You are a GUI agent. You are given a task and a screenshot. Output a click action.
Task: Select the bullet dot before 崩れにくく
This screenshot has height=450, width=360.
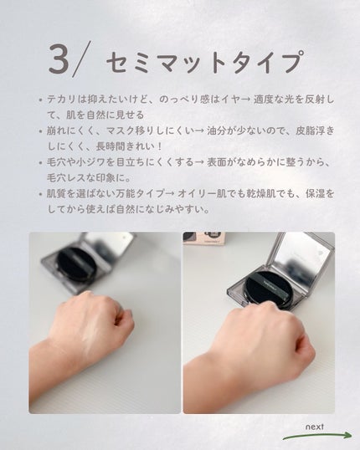click(40, 131)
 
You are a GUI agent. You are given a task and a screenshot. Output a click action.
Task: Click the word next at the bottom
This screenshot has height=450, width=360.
click(314, 427)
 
